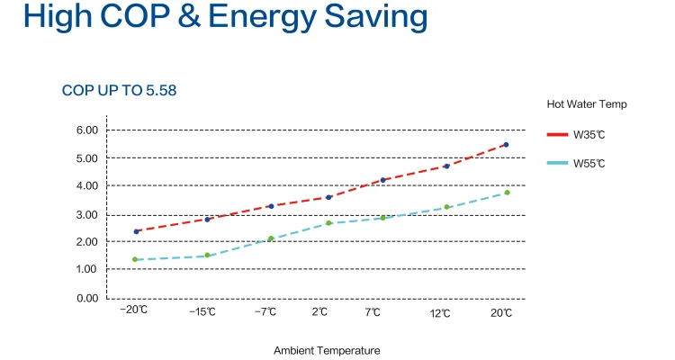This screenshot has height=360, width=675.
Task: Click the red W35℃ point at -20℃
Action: pyautogui.click(x=136, y=231)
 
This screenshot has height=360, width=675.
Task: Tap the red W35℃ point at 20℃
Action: pyautogui.click(x=506, y=144)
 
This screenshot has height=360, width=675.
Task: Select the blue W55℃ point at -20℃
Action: pyautogui.click(x=135, y=259)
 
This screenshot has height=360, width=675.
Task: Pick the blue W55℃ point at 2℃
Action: pyautogui.click(x=329, y=222)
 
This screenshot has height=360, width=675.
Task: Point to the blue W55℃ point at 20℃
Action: pyautogui.click(x=507, y=193)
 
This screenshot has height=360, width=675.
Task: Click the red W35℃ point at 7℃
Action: pyautogui.click(x=382, y=180)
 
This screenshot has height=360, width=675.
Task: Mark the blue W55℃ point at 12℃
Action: pyautogui.click(x=446, y=207)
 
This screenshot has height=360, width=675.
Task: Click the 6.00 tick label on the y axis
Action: pyautogui.click(x=86, y=130)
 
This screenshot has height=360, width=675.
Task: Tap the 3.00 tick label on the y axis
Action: pyautogui.click(x=86, y=214)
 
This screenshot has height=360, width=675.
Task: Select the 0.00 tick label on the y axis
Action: pyautogui.click(x=86, y=298)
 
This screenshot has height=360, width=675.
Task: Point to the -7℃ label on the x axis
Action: pyautogui.click(x=265, y=312)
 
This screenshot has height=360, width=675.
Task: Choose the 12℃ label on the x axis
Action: pyautogui.click(x=440, y=312)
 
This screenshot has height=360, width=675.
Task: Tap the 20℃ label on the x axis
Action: pyautogui.click(x=501, y=312)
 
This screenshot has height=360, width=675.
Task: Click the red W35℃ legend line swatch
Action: pyautogui.click(x=557, y=135)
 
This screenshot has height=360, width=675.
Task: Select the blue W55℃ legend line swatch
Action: pyautogui.click(x=557, y=163)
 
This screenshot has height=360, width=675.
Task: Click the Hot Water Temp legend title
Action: pyautogui.click(x=587, y=104)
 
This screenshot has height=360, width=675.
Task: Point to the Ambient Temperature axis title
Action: pyautogui.click(x=327, y=350)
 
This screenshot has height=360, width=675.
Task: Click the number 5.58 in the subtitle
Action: pyautogui.click(x=167, y=91)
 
